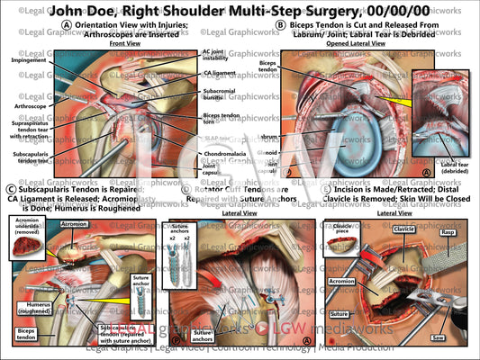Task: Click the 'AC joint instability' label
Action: [218, 57]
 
